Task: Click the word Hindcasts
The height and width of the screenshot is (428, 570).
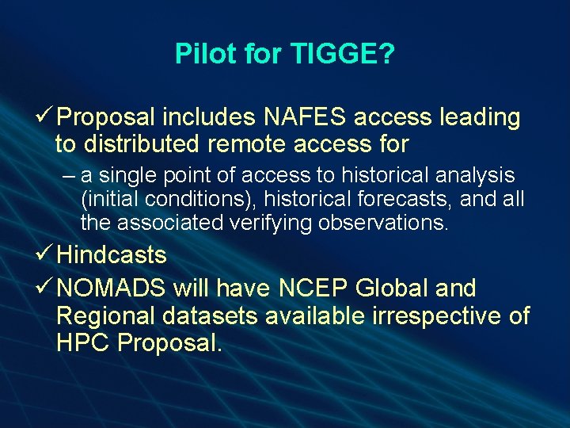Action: pos(112,256)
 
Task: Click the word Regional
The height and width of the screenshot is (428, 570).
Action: pos(107,315)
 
